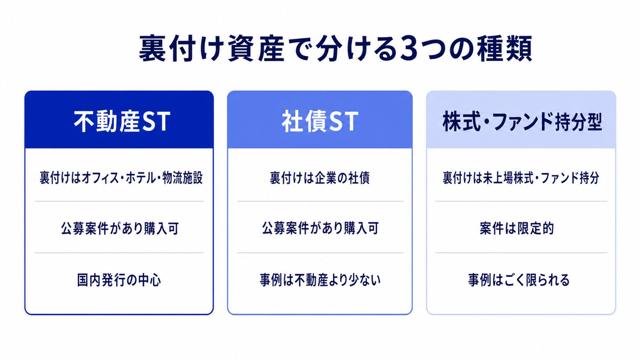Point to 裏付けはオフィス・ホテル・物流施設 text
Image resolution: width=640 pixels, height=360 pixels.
[x=121, y=178]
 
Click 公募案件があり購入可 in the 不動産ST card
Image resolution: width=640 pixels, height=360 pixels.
[x=120, y=228]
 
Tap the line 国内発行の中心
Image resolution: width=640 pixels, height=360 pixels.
[x=119, y=280]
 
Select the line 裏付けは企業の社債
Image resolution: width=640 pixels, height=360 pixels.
[x=320, y=178]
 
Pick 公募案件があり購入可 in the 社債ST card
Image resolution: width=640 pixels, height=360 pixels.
[x=320, y=228]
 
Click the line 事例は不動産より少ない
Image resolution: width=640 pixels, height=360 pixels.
[x=320, y=280]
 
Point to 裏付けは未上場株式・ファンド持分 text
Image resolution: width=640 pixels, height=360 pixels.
[x=521, y=178]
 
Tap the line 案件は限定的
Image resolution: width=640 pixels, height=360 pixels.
[x=517, y=228]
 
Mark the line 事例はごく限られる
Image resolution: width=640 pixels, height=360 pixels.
[x=519, y=280]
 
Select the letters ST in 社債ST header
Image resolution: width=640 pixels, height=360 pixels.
[x=343, y=121]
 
